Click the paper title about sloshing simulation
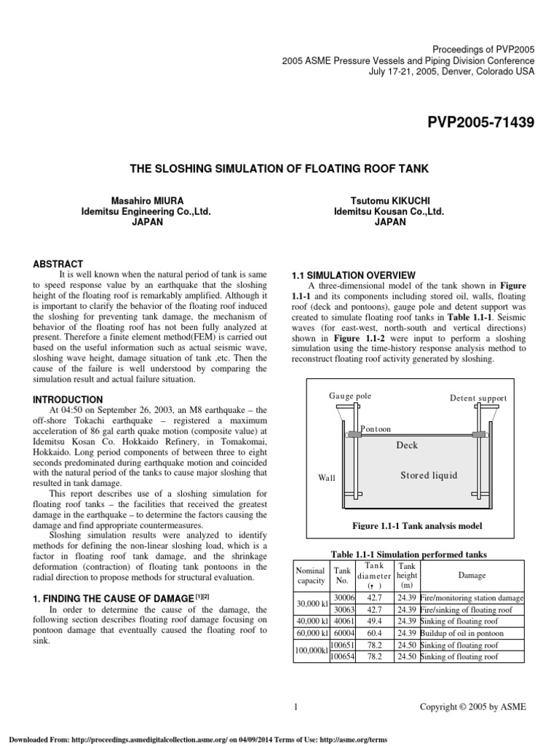click(x=279, y=169)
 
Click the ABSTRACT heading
click(x=59, y=264)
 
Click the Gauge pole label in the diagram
click(x=349, y=396)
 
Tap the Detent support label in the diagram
click(x=478, y=398)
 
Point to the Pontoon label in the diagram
click(x=376, y=430)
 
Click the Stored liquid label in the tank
click(x=429, y=476)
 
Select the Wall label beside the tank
click(x=327, y=478)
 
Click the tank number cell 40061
click(x=342, y=621)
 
